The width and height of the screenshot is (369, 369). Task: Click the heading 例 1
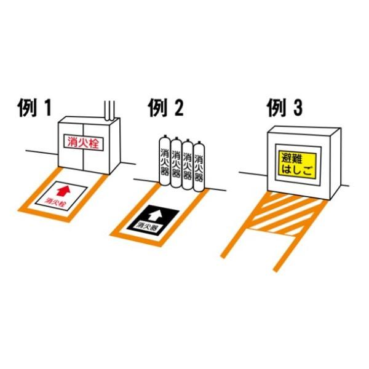[34, 108]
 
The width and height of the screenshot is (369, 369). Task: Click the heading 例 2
[165, 108]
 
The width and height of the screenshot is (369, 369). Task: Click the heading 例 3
[285, 108]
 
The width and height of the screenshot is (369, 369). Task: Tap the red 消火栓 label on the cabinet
[84, 143]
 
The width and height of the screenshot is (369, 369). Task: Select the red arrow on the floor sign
[63, 191]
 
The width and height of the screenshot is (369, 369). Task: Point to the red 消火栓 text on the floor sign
[55, 202]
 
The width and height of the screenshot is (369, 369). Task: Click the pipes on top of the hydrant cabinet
[109, 111]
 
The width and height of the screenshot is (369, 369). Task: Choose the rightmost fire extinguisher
[199, 167]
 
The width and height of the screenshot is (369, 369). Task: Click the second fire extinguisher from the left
[176, 162]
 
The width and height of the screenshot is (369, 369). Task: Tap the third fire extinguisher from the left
[188, 164]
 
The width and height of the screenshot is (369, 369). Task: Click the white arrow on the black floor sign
[154, 215]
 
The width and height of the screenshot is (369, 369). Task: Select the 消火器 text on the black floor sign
[148, 227]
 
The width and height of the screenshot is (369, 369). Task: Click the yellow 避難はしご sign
[297, 165]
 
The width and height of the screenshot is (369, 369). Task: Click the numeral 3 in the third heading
[297, 108]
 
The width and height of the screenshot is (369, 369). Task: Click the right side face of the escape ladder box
[335, 164]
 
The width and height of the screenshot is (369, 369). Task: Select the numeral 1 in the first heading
[48, 108]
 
